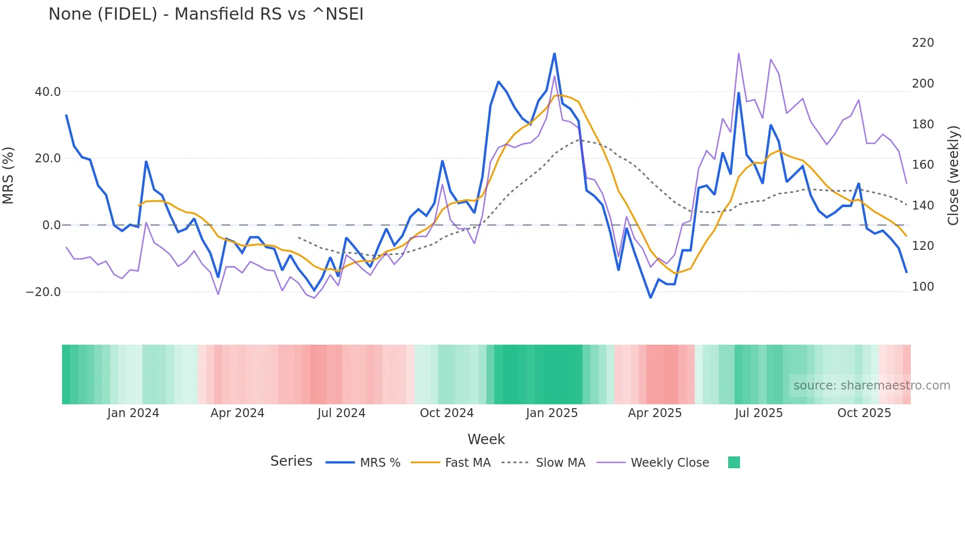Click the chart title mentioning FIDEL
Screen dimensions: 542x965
[206, 14]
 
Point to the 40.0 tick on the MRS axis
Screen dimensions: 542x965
[48, 92]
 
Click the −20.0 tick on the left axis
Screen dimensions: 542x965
[43, 292]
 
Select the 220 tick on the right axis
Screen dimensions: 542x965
[923, 43]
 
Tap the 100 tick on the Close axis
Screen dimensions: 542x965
[923, 287]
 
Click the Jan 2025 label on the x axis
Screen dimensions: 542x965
[551, 413]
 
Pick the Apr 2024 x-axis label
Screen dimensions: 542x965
[237, 413]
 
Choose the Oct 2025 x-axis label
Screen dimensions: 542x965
[864, 413]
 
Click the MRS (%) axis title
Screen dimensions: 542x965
[8, 176]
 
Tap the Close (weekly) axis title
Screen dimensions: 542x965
[953, 176]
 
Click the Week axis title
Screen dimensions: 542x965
[486, 439]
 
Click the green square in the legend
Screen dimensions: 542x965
[734, 462]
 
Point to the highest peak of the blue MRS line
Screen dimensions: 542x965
[554, 54]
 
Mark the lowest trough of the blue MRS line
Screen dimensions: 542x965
[650, 298]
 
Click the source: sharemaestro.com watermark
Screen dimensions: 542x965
[871, 386]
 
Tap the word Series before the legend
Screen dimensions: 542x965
[291, 461]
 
